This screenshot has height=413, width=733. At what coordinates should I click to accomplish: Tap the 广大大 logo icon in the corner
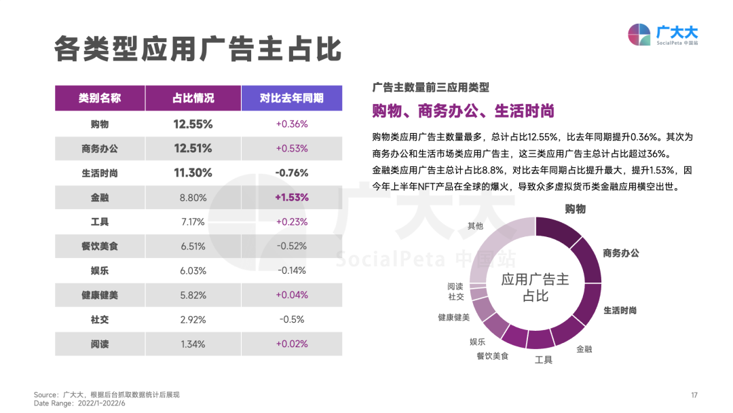click(x=639, y=35)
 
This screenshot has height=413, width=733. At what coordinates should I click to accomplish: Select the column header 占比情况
click(x=193, y=98)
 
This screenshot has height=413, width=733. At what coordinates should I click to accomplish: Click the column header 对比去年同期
click(x=291, y=98)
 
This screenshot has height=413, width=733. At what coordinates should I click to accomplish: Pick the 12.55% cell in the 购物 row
click(x=193, y=124)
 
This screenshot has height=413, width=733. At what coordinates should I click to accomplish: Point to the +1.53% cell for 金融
click(x=292, y=197)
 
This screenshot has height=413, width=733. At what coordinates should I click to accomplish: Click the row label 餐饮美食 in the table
click(x=100, y=246)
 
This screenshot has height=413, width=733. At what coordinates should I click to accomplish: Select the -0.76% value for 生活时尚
click(x=292, y=173)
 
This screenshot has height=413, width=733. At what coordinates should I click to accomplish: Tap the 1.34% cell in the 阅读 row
click(x=193, y=344)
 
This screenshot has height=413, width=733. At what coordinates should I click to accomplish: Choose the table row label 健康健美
click(x=100, y=295)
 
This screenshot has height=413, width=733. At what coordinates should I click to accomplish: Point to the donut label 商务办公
click(x=620, y=253)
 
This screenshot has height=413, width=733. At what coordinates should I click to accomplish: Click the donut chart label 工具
click(x=544, y=359)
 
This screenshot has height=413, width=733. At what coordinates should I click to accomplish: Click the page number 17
click(x=694, y=395)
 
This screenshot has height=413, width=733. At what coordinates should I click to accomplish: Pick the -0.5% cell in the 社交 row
click(x=292, y=319)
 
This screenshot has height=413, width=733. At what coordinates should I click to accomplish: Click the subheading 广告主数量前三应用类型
click(x=430, y=87)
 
